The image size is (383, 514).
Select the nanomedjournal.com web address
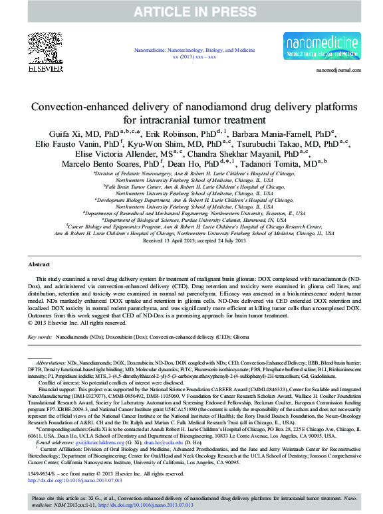[x=339, y=69]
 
